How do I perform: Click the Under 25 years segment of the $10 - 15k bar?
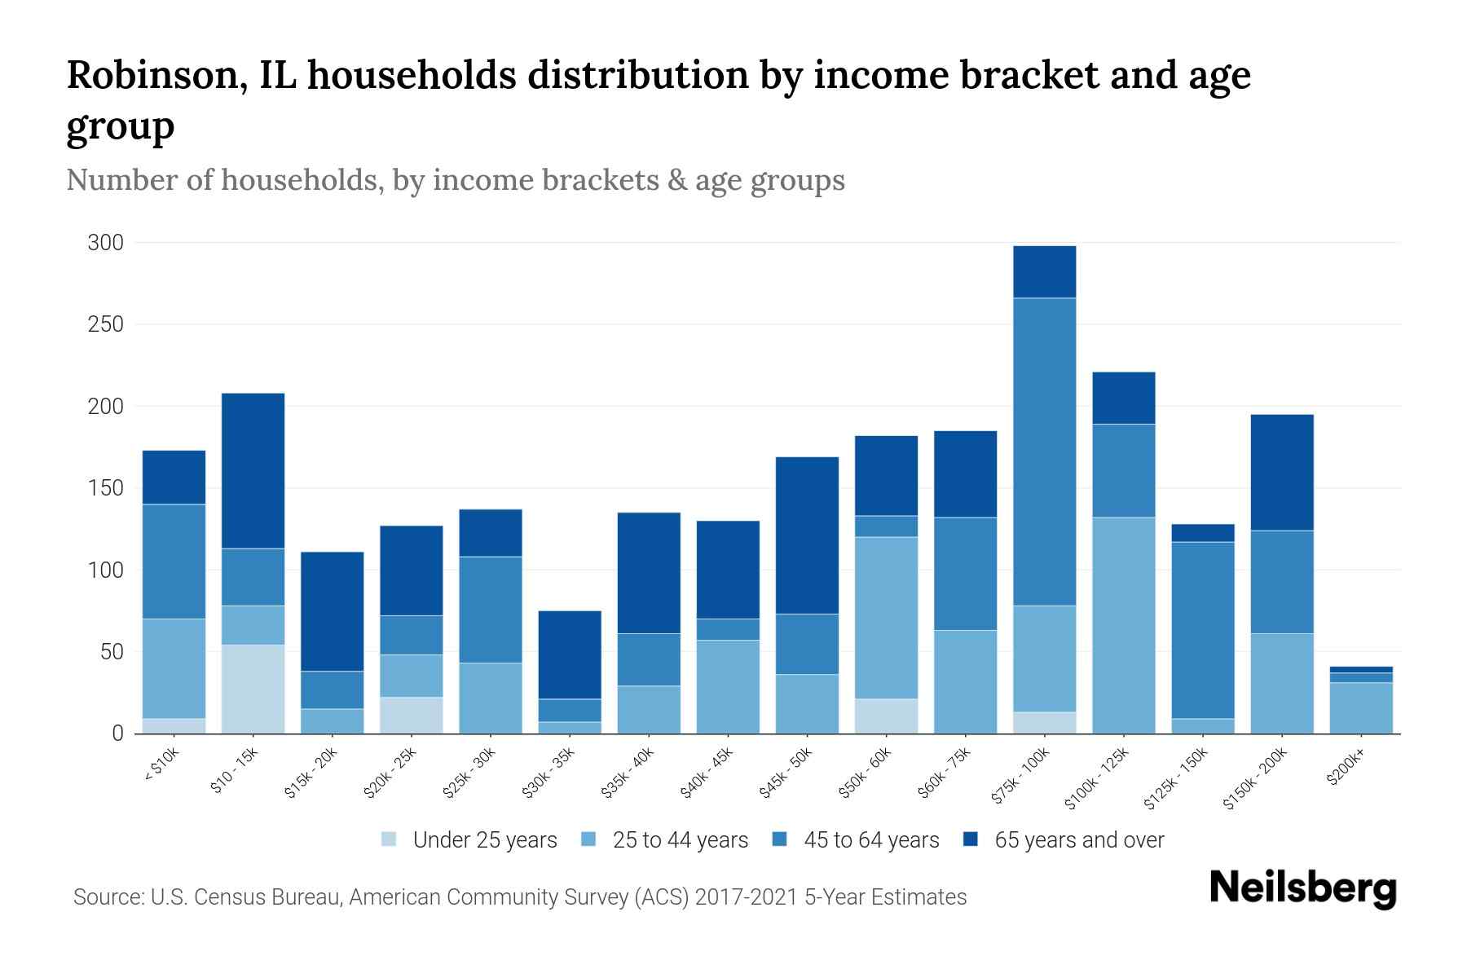(x=253, y=689)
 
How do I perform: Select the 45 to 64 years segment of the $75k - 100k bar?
(x=1044, y=452)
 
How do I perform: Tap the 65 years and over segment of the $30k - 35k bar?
(x=570, y=654)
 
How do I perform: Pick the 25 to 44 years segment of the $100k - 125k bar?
(x=1123, y=625)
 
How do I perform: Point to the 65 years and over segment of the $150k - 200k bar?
(x=1281, y=472)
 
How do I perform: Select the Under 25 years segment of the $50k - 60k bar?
(x=886, y=716)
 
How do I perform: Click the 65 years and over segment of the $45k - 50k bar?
(x=807, y=535)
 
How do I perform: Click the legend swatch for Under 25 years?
(x=390, y=839)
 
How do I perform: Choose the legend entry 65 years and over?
(x=1079, y=840)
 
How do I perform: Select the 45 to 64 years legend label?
(x=871, y=840)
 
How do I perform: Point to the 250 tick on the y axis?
(x=106, y=324)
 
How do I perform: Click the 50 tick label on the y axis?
(x=112, y=652)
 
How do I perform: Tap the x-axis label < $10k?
(x=161, y=766)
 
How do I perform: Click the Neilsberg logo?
(x=1302, y=888)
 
